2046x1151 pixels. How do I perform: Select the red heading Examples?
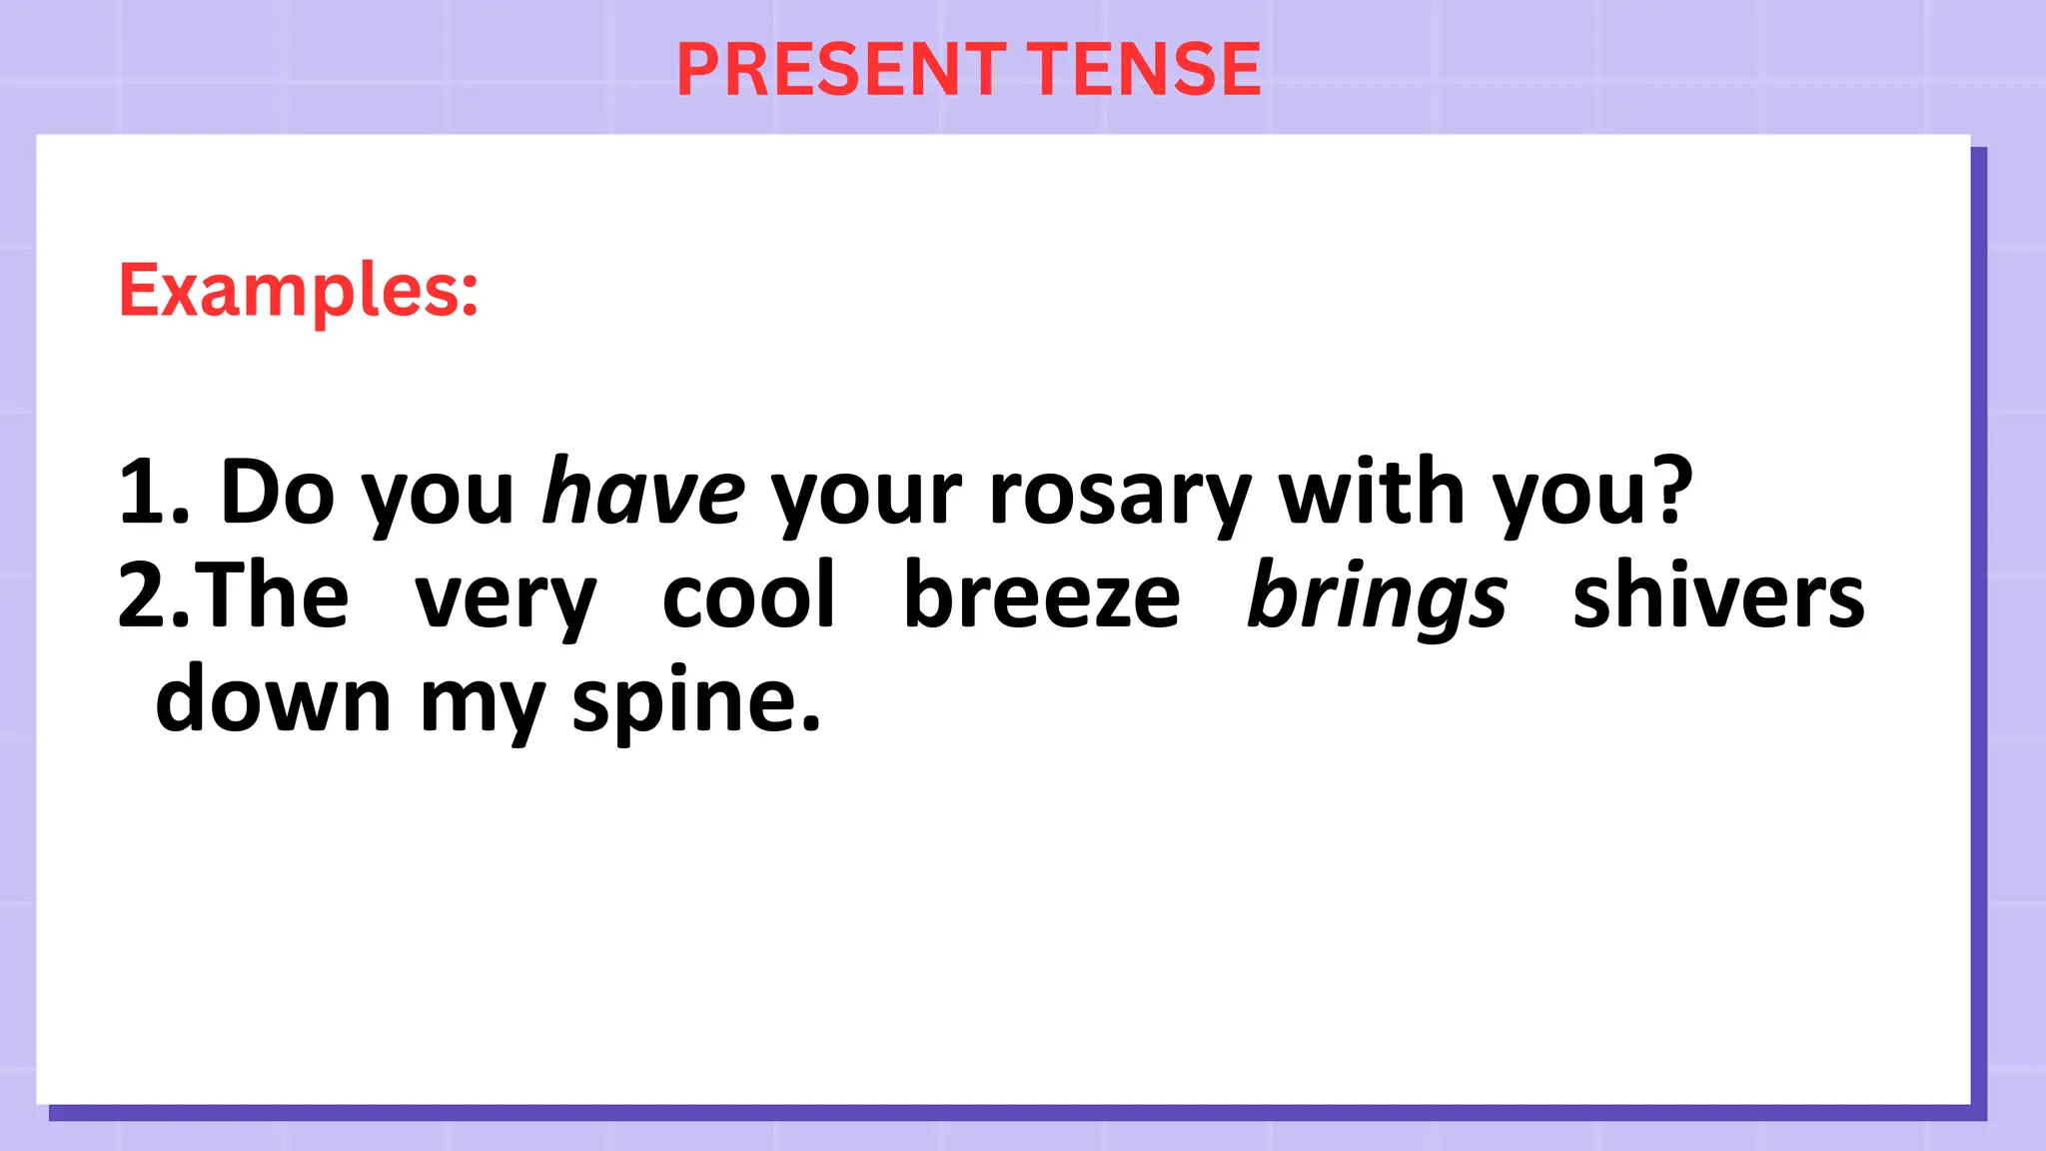[299, 290]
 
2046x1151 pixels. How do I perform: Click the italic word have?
[643, 492]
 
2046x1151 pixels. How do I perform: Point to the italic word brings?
[1378, 597]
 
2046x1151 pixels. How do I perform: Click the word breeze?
[1041, 596]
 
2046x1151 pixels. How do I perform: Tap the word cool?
[748, 596]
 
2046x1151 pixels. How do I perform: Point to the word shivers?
[1718, 596]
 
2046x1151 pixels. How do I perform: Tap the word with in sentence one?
[1372, 492]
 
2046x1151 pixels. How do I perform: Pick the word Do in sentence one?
[277, 492]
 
